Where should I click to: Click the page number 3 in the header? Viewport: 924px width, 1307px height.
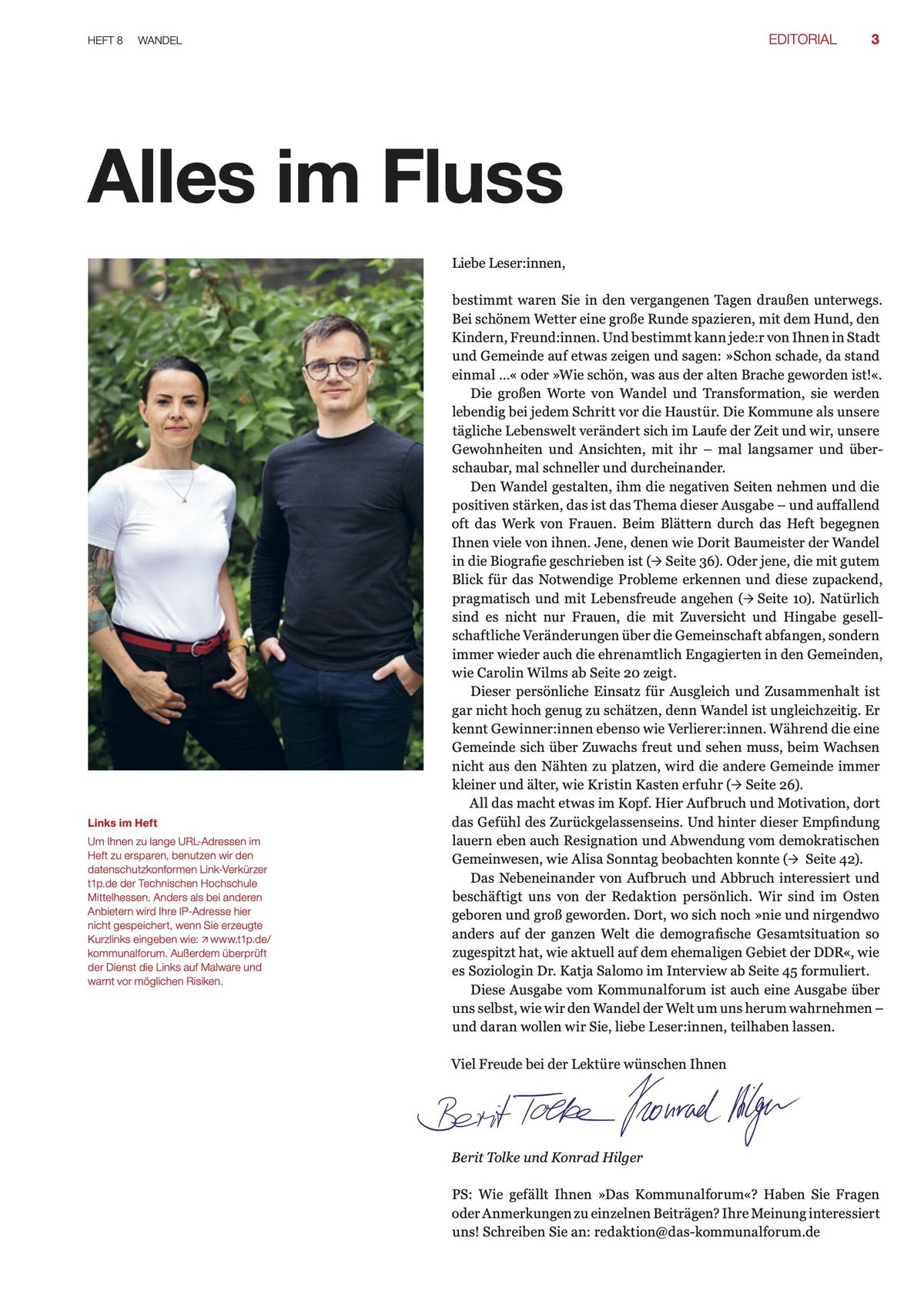click(875, 39)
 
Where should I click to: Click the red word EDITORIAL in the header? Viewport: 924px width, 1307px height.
click(802, 39)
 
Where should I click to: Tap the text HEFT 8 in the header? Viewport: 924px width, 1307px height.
click(105, 41)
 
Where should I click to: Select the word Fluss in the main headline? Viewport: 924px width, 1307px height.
click(473, 178)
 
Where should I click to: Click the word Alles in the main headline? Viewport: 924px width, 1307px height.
click(170, 178)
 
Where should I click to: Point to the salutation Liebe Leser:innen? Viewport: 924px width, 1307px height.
click(508, 263)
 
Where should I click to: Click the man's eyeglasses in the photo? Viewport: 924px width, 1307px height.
click(336, 368)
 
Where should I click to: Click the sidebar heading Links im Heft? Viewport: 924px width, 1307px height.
click(122, 823)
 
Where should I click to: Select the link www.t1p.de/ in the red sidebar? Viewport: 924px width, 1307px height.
click(240, 940)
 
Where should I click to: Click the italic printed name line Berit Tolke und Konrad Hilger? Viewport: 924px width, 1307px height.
click(547, 1158)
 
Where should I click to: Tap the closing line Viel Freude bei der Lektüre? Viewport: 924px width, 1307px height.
click(588, 1065)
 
